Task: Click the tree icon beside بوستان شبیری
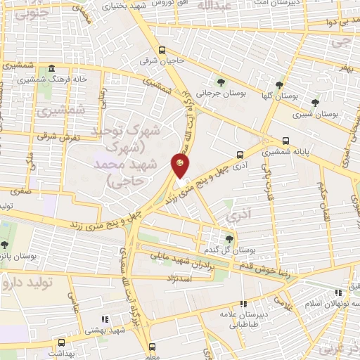point(315,102)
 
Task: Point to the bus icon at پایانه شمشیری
point(285,141)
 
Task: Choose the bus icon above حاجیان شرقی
point(162,51)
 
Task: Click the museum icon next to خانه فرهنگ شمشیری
point(52,70)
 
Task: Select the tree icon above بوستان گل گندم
point(230,239)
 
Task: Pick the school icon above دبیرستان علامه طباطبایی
point(243,304)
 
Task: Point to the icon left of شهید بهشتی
point(104,319)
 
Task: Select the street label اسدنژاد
point(197,278)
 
